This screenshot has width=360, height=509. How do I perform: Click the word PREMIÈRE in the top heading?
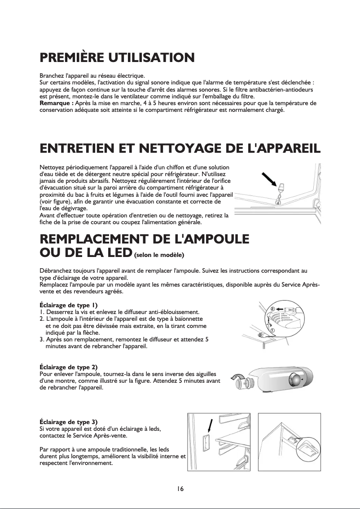73,58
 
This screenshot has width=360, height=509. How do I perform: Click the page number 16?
180,489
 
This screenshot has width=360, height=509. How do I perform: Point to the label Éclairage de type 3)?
69,422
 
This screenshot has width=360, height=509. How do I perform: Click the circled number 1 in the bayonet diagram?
272,330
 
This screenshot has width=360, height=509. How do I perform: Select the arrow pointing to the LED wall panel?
209,426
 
